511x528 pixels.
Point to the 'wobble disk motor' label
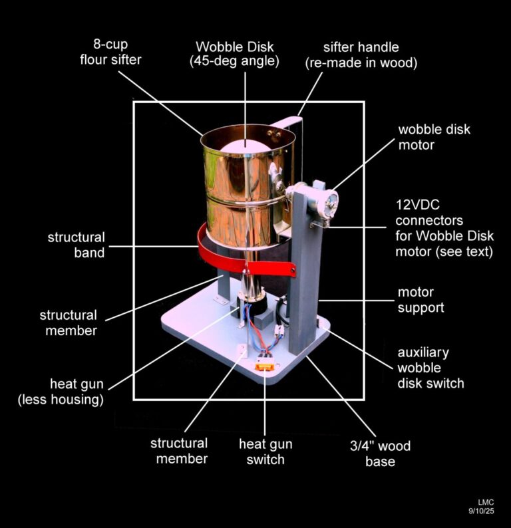[x=434, y=137]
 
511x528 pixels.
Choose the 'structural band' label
[x=75, y=245]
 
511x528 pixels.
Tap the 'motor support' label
[x=421, y=300]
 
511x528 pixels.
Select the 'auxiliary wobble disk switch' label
[x=430, y=368]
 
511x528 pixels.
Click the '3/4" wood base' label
[x=380, y=454]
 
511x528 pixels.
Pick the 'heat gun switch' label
[x=265, y=452]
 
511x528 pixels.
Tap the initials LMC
[x=486, y=501]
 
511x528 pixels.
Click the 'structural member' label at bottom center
[x=178, y=452]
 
